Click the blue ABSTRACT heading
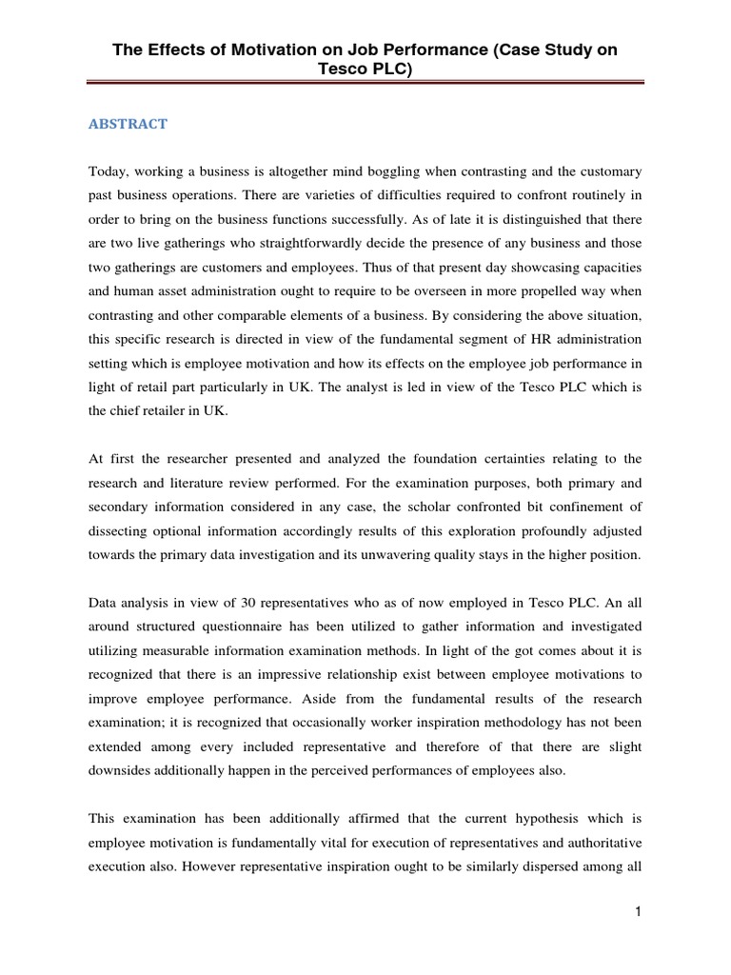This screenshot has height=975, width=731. tap(128, 124)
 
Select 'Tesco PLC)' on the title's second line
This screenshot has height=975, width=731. tap(365, 70)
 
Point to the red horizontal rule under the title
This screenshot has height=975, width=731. tap(365, 84)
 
